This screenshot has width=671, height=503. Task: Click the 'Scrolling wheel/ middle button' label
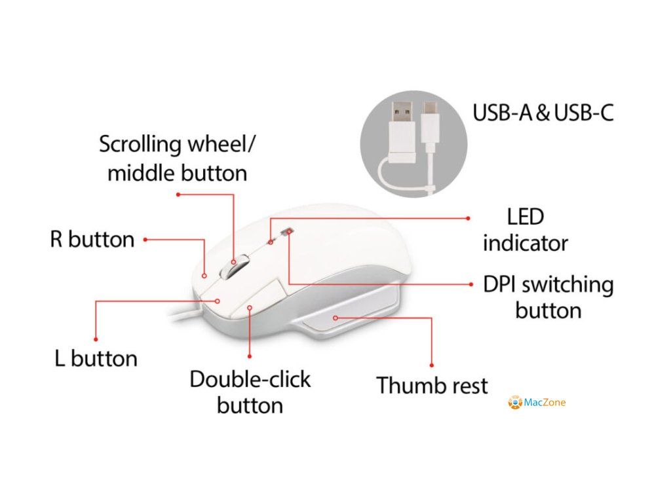click(x=177, y=158)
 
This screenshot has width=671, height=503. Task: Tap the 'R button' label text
click(x=92, y=239)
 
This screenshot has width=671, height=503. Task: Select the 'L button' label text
click(x=96, y=358)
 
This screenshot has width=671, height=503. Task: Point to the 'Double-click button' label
click(x=250, y=392)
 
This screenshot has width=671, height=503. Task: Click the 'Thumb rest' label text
click(x=432, y=385)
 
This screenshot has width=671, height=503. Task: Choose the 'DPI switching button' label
click(x=548, y=297)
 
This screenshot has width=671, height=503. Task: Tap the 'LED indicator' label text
click(x=525, y=230)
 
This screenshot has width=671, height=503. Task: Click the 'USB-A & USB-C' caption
click(x=543, y=113)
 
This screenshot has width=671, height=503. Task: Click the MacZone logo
click(x=537, y=402)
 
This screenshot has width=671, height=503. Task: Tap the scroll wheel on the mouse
click(x=234, y=266)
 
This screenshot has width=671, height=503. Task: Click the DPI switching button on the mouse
click(x=288, y=231)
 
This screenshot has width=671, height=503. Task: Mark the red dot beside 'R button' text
click(x=145, y=240)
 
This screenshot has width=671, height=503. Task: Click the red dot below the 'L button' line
click(x=96, y=339)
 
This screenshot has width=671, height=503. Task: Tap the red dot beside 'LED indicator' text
click(x=469, y=218)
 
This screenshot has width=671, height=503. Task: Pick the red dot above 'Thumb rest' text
click(x=431, y=365)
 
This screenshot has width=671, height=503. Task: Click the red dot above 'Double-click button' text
click(x=250, y=356)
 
